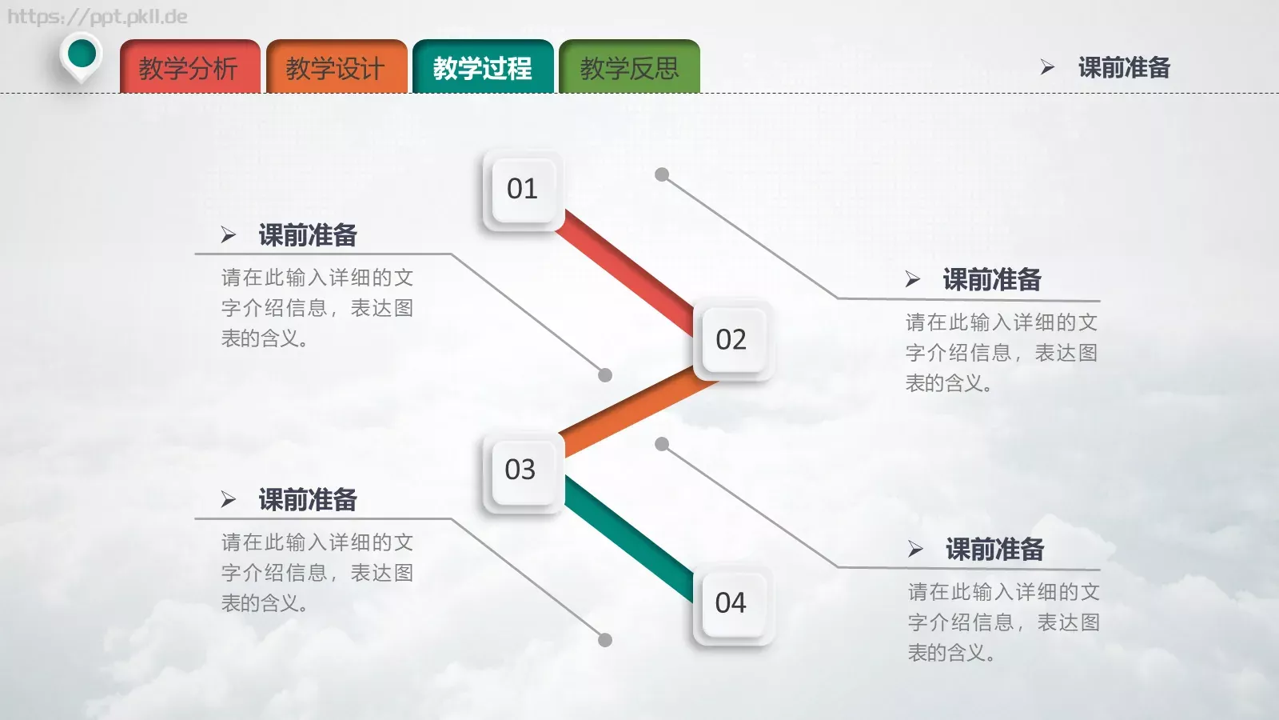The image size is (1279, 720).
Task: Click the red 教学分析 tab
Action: (x=189, y=68)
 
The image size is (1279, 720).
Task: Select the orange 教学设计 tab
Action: (x=336, y=68)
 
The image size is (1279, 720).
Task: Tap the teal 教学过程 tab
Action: (x=483, y=68)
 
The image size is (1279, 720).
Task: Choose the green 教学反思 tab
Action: (x=629, y=68)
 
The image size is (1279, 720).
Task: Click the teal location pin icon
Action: (x=82, y=55)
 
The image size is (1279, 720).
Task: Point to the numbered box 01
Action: (x=523, y=190)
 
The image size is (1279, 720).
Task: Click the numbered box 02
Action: (x=731, y=340)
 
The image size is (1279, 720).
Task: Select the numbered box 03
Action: (x=521, y=470)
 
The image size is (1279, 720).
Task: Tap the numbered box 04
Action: (x=731, y=603)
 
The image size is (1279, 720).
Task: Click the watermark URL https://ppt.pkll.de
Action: (x=97, y=17)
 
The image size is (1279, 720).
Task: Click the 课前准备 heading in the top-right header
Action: (x=1124, y=68)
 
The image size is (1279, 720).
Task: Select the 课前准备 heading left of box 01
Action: (x=308, y=235)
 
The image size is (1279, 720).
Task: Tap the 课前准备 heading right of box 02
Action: (x=992, y=280)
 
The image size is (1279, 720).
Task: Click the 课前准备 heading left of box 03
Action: (x=308, y=500)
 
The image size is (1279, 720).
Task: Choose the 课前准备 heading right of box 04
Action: (x=995, y=550)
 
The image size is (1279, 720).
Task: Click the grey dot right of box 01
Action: (x=662, y=174)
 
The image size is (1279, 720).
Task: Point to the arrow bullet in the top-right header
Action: (x=1047, y=68)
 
